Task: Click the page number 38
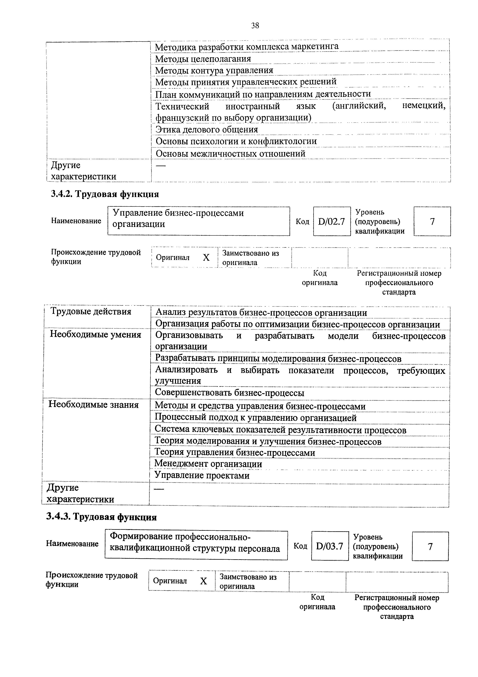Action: pyautogui.click(x=255, y=26)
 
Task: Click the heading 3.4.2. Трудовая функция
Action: pyautogui.click(x=105, y=194)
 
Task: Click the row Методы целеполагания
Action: pyautogui.click(x=203, y=59)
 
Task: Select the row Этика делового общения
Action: pyautogui.click(x=206, y=129)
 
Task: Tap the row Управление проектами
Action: pyautogui.click(x=202, y=475)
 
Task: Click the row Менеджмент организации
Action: pyautogui.click(x=208, y=464)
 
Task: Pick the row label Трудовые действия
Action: pyautogui.click(x=91, y=311)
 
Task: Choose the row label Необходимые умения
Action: pyautogui.click(x=95, y=334)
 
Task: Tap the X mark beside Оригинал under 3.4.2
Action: pyautogui.click(x=206, y=258)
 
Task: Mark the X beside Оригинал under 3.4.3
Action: pyautogui.click(x=204, y=581)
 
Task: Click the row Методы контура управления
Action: pyautogui.click(x=214, y=70)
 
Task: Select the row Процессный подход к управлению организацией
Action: pyautogui.click(x=256, y=418)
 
